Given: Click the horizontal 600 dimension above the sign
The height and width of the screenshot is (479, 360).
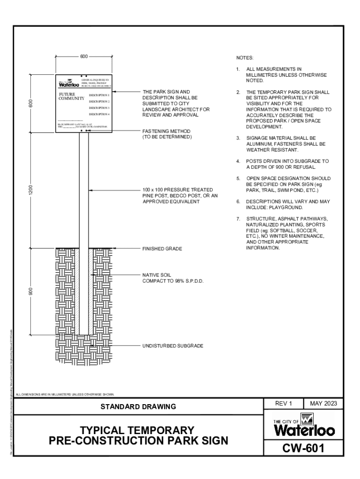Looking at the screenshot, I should (x=84, y=57).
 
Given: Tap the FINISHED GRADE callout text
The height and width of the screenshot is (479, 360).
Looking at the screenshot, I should (x=162, y=249).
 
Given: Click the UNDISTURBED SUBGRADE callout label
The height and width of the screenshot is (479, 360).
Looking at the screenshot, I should (x=173, y=346).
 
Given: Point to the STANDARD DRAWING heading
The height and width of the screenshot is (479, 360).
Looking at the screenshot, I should (x=139, y=406).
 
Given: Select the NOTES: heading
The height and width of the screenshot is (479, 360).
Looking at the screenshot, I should (x=245, y=58).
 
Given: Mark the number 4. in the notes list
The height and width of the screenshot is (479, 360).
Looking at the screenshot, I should (x=238, y=161).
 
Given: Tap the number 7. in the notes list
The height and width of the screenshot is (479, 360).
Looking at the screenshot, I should (x=238, y=218).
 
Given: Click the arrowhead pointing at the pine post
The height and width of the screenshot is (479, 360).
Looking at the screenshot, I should (x=91, y=190).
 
